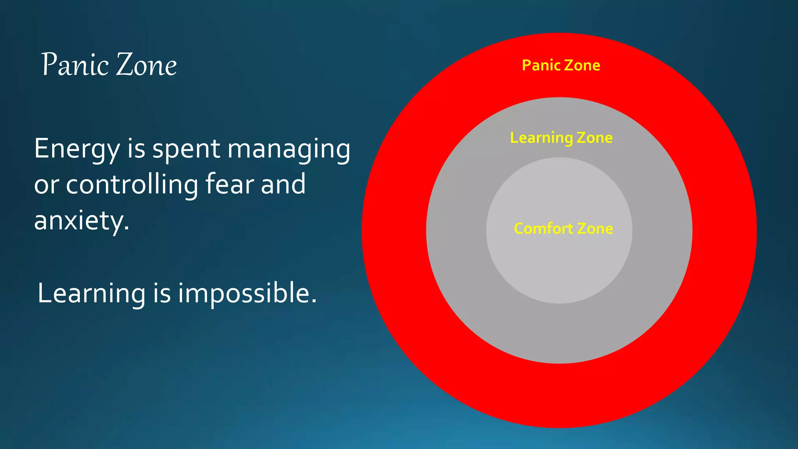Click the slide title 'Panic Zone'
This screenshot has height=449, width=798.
(x=109, y=64)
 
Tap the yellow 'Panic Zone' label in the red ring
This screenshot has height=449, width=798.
(x=561, y=65)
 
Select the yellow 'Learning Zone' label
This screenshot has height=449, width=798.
(x=561, y=138)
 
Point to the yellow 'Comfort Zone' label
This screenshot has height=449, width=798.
(x=563, y=228)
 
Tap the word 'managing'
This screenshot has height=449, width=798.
(x=289, y=150)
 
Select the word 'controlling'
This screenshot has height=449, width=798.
(x=132, y=184)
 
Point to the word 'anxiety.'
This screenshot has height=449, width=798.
(x=81, y=221)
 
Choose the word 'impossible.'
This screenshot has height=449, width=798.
(x=247, y=293)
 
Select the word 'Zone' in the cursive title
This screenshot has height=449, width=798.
(x=147, y=65)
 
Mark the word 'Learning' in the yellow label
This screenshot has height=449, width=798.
(x=541, y=138)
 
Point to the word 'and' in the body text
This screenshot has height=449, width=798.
(x=283, y=184)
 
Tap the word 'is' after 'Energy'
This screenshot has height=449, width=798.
(x=136, y=149)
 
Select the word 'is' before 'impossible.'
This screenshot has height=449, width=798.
(x=162, y=293)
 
